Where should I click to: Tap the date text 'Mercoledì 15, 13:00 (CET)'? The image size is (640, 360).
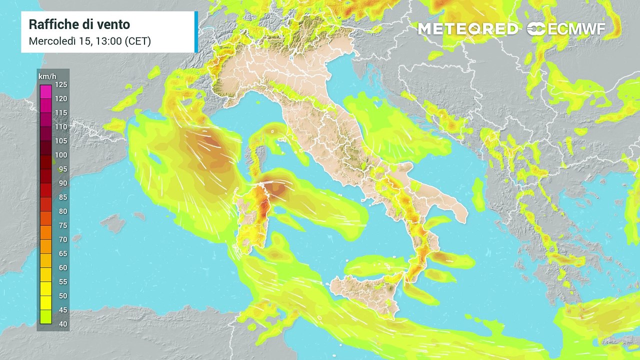(x=90, y=41)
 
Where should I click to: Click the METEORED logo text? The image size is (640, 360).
(x=467, y=29)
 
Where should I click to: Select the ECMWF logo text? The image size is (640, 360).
(x=566, y=29)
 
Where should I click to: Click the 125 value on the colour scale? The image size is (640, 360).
(x=61, y=84)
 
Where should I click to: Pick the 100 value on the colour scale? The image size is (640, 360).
(x=61, y=155)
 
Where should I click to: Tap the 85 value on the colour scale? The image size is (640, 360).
(x=61, y=197)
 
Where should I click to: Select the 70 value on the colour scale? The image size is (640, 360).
(x=61, y=239)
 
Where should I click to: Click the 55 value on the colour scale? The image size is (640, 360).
(x=61, y=281)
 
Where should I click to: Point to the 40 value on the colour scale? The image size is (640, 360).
(x=61, y=324)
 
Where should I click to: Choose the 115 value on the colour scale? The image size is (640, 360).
(x=61, y=112)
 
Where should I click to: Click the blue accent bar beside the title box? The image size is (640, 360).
(x=196, y=31)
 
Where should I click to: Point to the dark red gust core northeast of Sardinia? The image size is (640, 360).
(x=274, y=188)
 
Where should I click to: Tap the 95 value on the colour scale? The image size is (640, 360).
(x=61, y=169)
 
